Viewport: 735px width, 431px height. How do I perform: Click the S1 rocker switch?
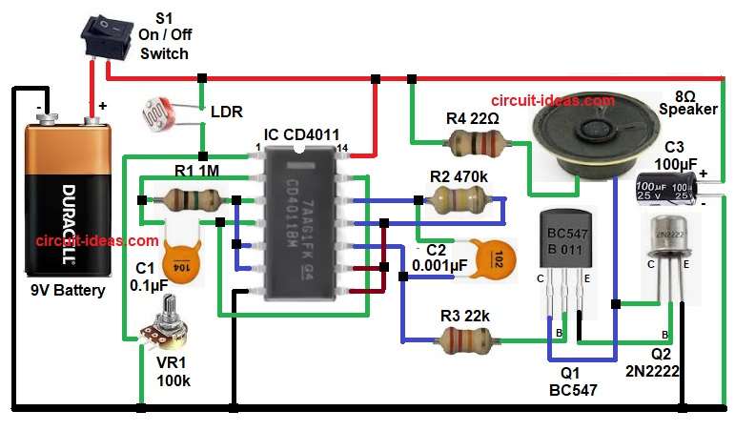pos(104,34)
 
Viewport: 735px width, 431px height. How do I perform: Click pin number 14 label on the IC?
pos(341,148)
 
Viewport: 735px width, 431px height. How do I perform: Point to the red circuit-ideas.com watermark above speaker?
pos(553,100)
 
